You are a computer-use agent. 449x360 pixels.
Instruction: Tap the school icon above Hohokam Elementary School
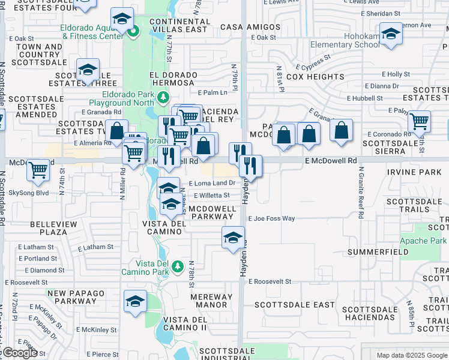point(390,34)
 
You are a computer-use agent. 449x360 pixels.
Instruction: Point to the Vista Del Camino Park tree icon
point(177,266)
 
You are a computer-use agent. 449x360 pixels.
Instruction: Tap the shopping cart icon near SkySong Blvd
point(38,170)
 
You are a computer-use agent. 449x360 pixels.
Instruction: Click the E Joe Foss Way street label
point(271,218)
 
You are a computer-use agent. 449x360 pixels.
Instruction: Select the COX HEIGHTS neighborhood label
point(315,77)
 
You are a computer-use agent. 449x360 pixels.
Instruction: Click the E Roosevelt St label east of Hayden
point(270,281)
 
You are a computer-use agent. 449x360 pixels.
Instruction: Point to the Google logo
point(19,353)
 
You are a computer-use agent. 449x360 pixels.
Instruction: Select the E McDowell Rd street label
point(330,161)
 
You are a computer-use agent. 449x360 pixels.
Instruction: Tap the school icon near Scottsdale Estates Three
point(88,70)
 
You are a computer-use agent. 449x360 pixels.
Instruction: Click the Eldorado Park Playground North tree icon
point(162,97)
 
